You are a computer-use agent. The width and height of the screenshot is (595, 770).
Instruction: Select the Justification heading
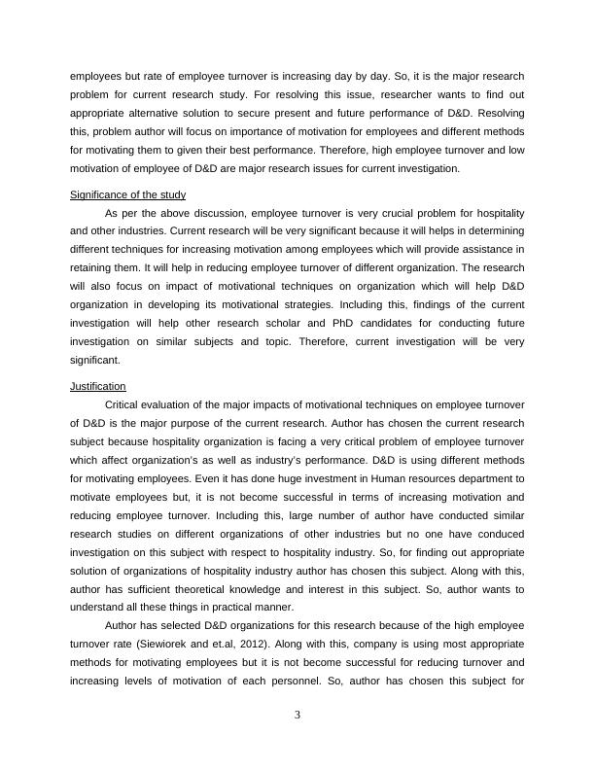point(98,386)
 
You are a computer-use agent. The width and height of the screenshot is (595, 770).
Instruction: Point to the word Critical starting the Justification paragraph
point(123,404)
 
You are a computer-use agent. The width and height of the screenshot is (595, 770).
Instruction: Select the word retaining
point(92,267)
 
